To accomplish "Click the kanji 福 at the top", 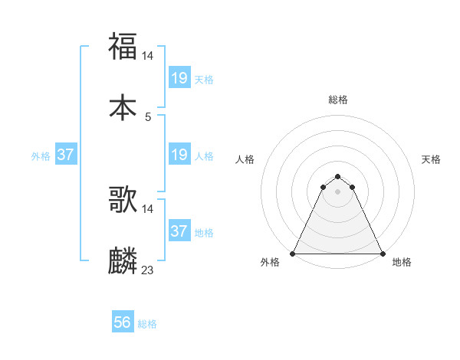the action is click(123, 45).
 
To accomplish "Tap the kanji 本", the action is click(123, 107).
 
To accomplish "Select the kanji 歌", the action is click(123, 200).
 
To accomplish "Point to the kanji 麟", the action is click(123, 260).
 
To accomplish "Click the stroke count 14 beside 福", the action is click(149, 56).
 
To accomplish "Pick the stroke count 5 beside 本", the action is click(148, 117).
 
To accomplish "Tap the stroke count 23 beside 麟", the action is click(148, 270).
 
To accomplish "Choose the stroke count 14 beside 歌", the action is click(149, 209).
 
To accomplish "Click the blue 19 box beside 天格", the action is click(179, 78).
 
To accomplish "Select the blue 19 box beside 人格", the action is click(179, 155).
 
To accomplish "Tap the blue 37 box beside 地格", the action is click(179, 231).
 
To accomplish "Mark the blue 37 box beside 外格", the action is click(66, 155).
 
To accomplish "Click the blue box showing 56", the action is click(123, 323).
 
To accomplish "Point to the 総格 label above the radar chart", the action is click(338, 100).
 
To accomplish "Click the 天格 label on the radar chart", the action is click(431, 159).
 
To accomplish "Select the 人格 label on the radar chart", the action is click(245, 159).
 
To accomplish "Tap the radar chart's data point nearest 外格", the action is click(293, 254).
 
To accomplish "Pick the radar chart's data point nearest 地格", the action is click(383, 254).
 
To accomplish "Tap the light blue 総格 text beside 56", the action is click(147, 324).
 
